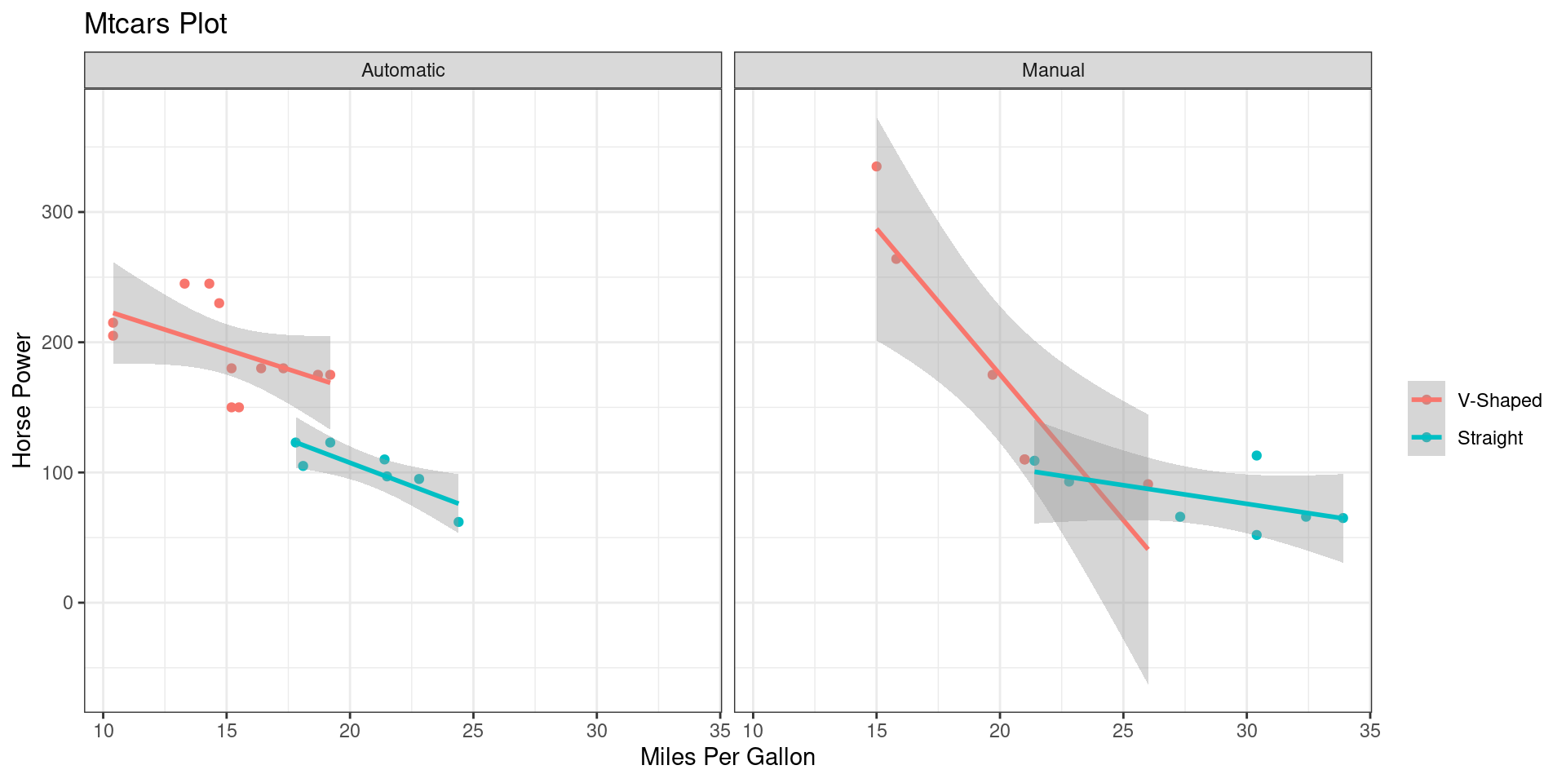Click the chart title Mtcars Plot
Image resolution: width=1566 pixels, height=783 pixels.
[155, 24]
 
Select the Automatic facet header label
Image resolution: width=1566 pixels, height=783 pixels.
[403, 70]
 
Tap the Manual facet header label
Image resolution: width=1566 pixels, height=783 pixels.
[1052, 70]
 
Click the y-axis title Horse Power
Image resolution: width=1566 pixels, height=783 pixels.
[23, 400]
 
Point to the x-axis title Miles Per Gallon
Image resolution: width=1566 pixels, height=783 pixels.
[728, 757]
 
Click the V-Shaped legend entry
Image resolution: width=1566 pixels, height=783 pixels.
[1499, 400]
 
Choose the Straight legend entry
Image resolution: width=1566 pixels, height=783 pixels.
[1489, 438]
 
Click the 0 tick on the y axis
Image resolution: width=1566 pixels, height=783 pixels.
[68, 603]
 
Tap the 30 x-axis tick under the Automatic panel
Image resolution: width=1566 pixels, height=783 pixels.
[596, 731]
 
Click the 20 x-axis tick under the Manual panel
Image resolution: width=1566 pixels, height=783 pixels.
[999, 731]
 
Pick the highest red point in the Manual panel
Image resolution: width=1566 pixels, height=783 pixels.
[876, 166]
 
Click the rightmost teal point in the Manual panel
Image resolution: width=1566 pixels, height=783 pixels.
[1343, 518]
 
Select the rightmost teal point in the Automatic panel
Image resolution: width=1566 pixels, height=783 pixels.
[458, 522]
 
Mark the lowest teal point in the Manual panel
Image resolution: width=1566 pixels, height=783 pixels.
[1256, 535]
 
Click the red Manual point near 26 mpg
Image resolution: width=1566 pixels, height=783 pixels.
[1148, 484]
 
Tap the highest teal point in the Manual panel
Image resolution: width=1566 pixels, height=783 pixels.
[1256, 455]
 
